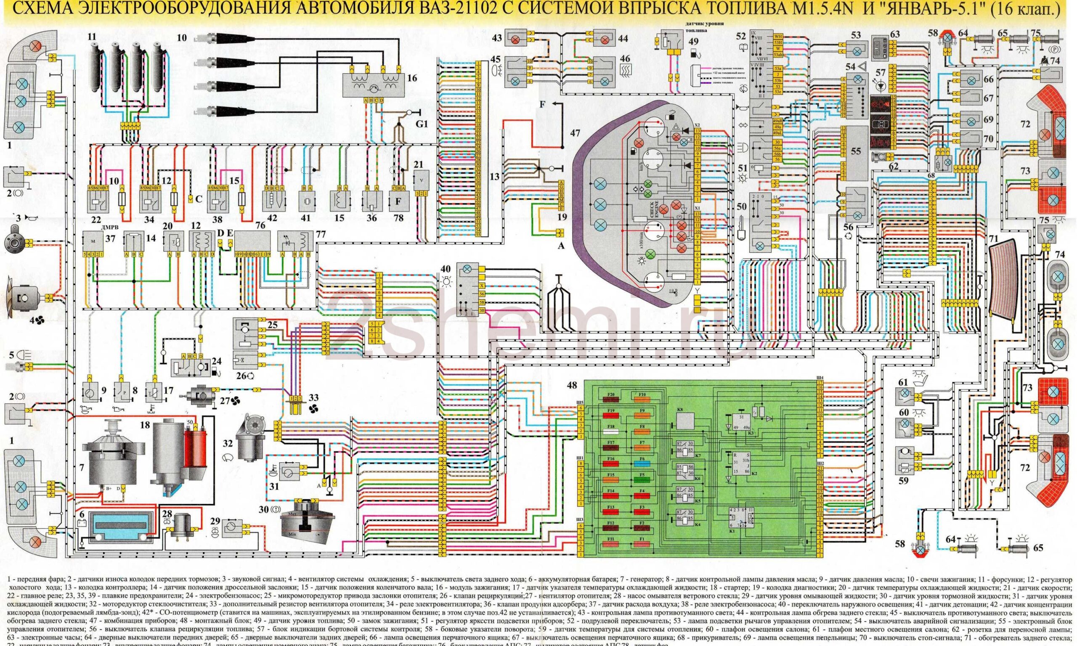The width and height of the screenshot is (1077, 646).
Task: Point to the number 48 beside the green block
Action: click(x=572, y=385)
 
